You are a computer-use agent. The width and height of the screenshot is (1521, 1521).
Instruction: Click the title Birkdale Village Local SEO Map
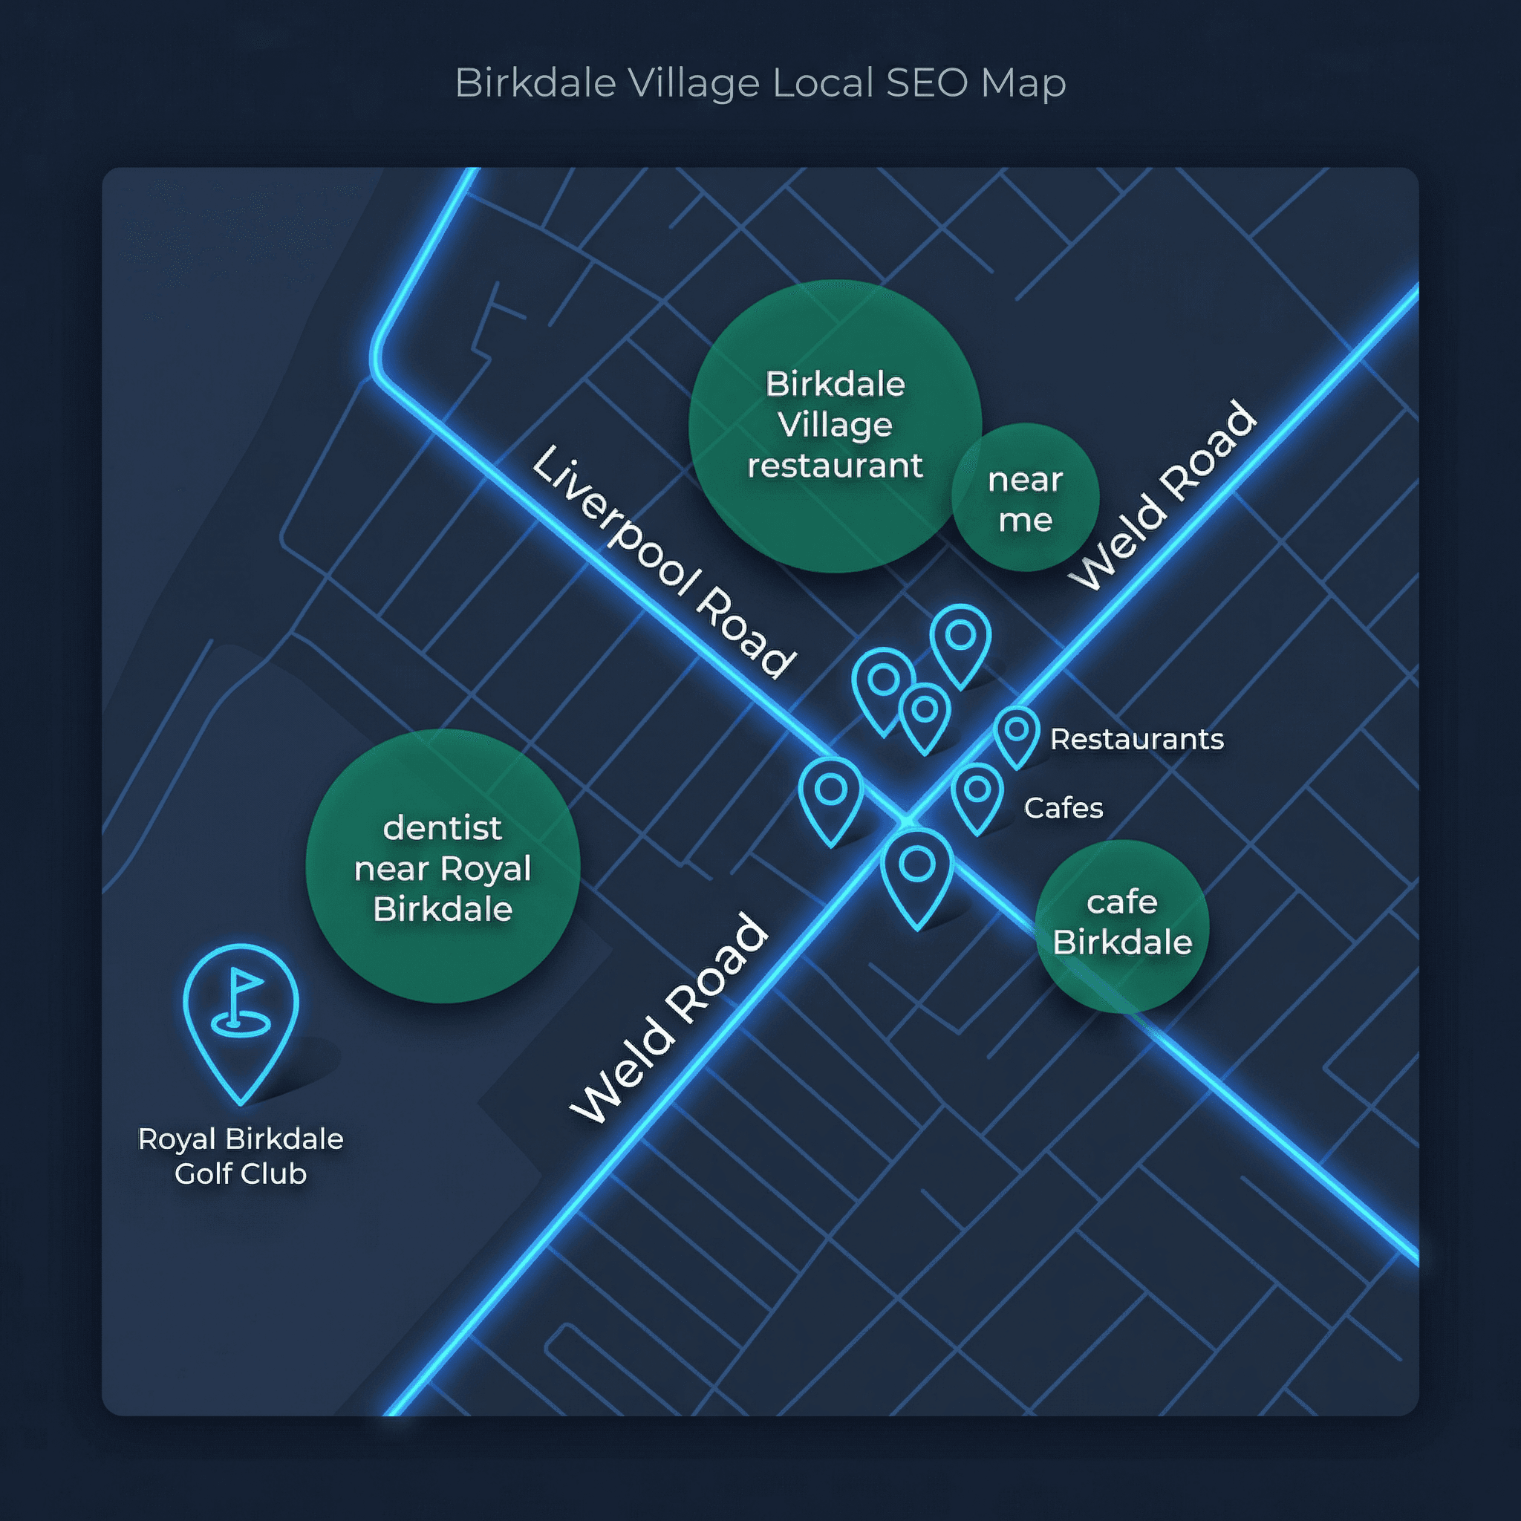point(760,82)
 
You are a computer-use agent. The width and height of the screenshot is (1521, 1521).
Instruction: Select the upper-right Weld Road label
point(1165,496)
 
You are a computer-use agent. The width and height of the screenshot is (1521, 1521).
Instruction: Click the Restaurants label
point(1136,739)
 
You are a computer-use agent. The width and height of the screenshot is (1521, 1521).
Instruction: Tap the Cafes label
point(1063,808)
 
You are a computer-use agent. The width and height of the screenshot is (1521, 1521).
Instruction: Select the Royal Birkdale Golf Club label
point(241,1156)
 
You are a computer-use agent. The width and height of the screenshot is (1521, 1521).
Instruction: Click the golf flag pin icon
point(241,1015)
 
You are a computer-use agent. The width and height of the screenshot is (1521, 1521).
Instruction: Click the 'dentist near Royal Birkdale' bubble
point(443,866)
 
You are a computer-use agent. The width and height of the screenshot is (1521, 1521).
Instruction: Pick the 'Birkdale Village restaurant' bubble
point(835,425)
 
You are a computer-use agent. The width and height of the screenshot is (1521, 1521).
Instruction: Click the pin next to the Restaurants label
point(1017,735)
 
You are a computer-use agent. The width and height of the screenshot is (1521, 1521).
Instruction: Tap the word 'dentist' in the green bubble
point(443,827)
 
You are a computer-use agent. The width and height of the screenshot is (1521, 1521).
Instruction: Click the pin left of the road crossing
point(830,795)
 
